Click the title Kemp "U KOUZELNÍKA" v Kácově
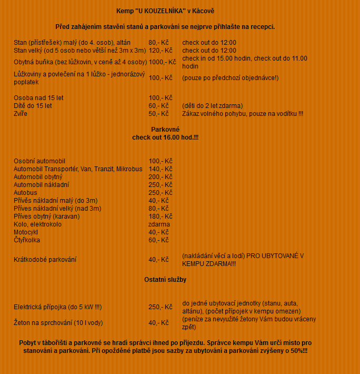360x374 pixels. [165, 11]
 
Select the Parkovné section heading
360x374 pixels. [165, 130]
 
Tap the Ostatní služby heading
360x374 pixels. [165, 280]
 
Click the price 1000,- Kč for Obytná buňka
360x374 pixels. [162, 62]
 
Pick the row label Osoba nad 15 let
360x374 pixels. [38, 98]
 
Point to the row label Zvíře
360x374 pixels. [21, 114]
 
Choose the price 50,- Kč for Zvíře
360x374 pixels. [158, 114]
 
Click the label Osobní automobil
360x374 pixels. [39, 161]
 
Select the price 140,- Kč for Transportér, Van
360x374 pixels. [161, 169]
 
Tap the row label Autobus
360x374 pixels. [25, 193]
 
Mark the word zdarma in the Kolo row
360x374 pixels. [159, 224]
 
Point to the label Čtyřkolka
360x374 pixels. [27, 240]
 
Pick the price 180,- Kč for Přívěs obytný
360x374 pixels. [161, 216]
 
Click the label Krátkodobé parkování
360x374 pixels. [45, 259]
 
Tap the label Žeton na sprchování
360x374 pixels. [58, 323]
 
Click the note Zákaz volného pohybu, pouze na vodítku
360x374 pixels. [243, 114]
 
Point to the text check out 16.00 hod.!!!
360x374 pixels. [165, 137]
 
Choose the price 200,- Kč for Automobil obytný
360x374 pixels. [161, 177]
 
